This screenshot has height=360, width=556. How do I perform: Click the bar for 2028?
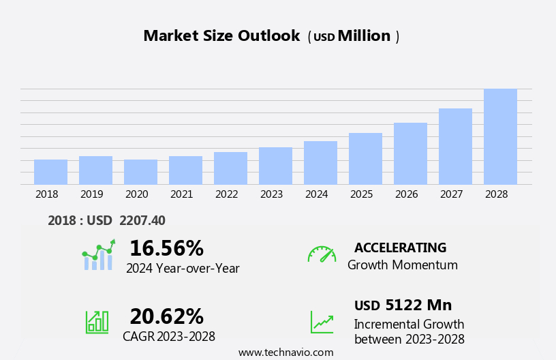tap(500, 136)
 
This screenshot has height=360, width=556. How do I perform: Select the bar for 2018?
tap(50, 172)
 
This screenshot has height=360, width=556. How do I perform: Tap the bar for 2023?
tap(275, 166)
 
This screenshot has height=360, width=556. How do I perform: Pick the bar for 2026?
tap(410, 153)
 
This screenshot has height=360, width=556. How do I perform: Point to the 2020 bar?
tap(140, 172)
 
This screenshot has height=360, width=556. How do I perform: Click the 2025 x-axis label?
tap(361, 194)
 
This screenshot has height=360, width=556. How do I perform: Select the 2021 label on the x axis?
tap(181, 194)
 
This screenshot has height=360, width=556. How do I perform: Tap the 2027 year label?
tap(451, 194)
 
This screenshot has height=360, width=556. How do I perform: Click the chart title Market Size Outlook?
tap(221, 36)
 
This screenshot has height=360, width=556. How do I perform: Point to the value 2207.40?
tap(142, 220)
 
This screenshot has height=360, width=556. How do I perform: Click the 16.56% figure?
tap(166, 248)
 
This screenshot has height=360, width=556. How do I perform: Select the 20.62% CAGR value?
tap(166, 316)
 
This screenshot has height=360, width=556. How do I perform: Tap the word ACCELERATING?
tap(400, 247)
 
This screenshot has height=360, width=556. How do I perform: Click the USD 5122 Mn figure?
tap(403, 305)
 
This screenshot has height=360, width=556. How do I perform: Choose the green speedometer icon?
tap(322, 254)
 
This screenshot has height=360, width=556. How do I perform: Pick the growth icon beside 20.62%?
tap(97, 321)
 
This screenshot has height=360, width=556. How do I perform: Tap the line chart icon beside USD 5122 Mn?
tap(322, 322)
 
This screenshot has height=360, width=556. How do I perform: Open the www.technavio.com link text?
tap(285, 352)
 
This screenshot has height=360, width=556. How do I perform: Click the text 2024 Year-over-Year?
tap(183, 269)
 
